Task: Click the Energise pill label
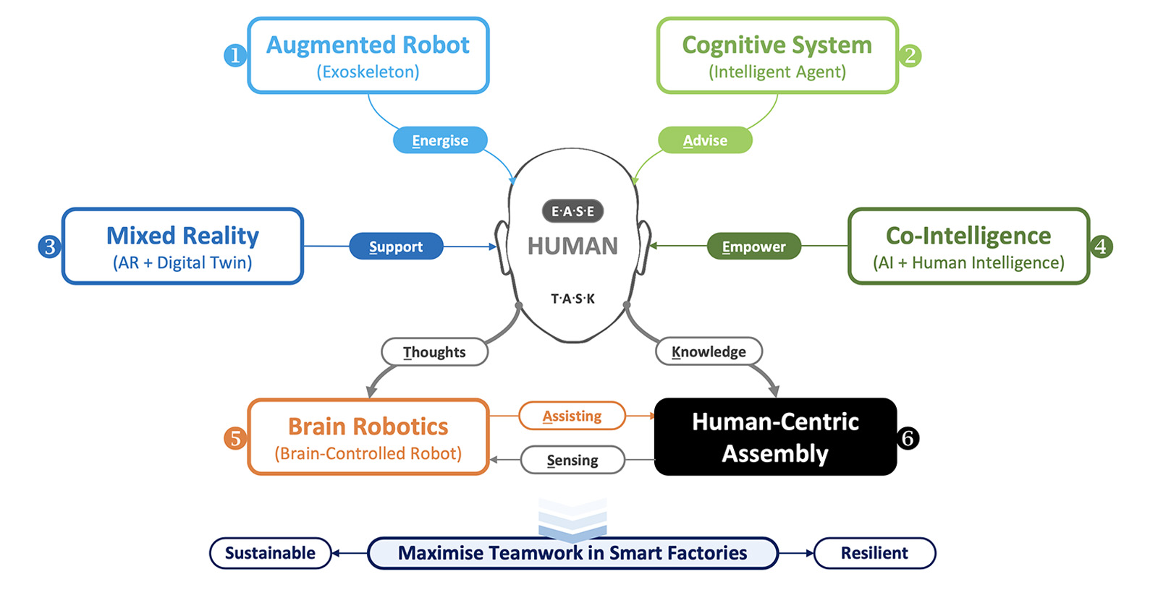click(x=440, y=140)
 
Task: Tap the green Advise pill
click(x=705, y=140)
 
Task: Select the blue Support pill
click(x=396, y=247)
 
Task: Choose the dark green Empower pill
click(x=753, y=247)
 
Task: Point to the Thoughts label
click(x=434, y=352)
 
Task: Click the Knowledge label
click(x=709, y=352)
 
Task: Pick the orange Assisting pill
click(x=572, y=416)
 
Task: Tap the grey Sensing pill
click(x=572, y=460)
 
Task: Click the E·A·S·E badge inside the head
click(x=572, y=211)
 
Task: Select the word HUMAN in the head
click(x=572, y=247)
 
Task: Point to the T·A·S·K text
click(x=572, y=299)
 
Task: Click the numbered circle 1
click(x=234, y=55)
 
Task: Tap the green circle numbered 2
click(x=910, y=55)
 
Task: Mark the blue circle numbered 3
click(x=49, y=247)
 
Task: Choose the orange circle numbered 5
click(x=234, y=438)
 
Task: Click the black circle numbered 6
click(x=908, y=438)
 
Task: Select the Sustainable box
click(x=270, y=553)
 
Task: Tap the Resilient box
click(x=874, y=553)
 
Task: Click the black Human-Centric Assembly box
click(x=775, y=437)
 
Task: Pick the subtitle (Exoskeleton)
click(x=368, y=72)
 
